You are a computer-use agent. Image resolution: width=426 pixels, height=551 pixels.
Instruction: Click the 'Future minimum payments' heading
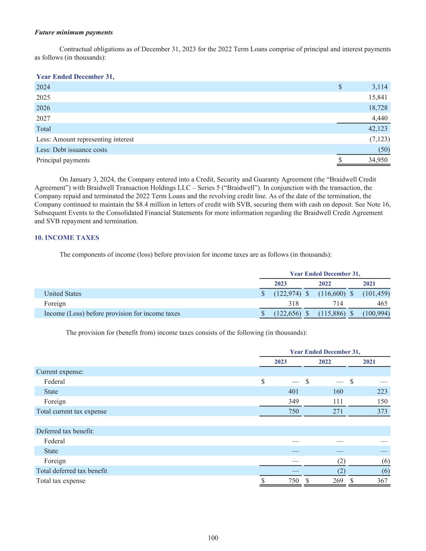click(x=74, y=32)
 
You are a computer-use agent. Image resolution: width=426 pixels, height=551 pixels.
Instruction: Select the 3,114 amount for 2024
click(x=380, y=87)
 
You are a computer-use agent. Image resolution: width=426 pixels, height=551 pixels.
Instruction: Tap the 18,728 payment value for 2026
click(x=378, y=108)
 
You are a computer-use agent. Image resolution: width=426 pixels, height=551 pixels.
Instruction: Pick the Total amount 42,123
click(x=378, y=129)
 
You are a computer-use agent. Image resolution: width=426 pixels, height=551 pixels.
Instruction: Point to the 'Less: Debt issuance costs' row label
click(x=72, y=150)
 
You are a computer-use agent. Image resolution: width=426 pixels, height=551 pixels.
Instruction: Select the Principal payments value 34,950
click(x=378, y=160)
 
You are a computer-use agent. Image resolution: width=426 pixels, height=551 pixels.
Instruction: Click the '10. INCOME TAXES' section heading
click(x=67, y=238)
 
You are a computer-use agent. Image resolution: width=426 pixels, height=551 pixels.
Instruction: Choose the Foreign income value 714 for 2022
click(x=338, y=304)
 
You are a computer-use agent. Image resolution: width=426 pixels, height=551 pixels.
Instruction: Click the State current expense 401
click(x=294, y=392)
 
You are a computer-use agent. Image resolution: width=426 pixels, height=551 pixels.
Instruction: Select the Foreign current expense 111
click(x=338, y=402)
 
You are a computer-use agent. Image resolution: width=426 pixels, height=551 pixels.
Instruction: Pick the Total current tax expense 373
click(x=382, y=411)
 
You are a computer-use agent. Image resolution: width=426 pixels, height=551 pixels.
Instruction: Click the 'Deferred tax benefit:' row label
click(x=65, y=431)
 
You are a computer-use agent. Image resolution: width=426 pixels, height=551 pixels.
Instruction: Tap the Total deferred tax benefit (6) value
click(x=385, y=471)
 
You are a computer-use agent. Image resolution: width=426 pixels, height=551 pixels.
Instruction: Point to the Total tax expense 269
click(x=338, y=481)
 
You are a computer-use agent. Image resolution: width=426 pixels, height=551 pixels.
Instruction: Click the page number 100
click(x=213, y=538)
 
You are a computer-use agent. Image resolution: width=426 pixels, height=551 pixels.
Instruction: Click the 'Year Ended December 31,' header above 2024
click(x=75, y=77)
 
